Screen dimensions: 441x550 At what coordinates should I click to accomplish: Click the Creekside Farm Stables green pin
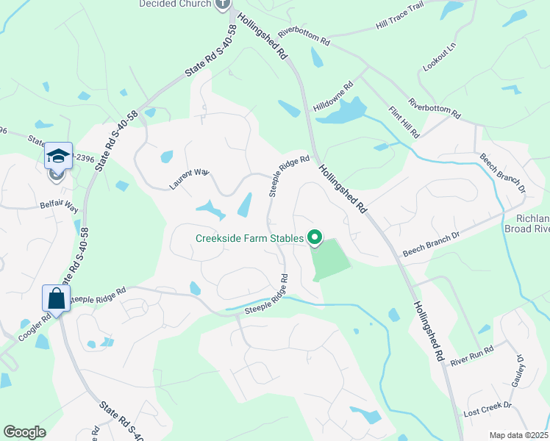pos(315,237)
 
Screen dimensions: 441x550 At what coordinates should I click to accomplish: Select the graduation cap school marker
pos(57,156)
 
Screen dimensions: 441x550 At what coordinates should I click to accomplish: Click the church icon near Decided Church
pos(224,4)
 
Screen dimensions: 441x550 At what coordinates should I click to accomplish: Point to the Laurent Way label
pos(190,179)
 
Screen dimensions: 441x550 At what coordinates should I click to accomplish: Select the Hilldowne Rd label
pos(334,96)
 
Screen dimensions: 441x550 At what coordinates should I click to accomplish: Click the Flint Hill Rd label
pos(404,123)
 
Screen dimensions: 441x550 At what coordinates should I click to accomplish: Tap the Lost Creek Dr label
pos(487,410)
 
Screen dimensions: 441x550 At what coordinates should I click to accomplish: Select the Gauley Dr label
pos(519,372)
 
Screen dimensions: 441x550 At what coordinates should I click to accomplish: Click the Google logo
pos(24,432)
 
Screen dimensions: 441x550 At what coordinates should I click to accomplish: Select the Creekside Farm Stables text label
pos(249,237)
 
